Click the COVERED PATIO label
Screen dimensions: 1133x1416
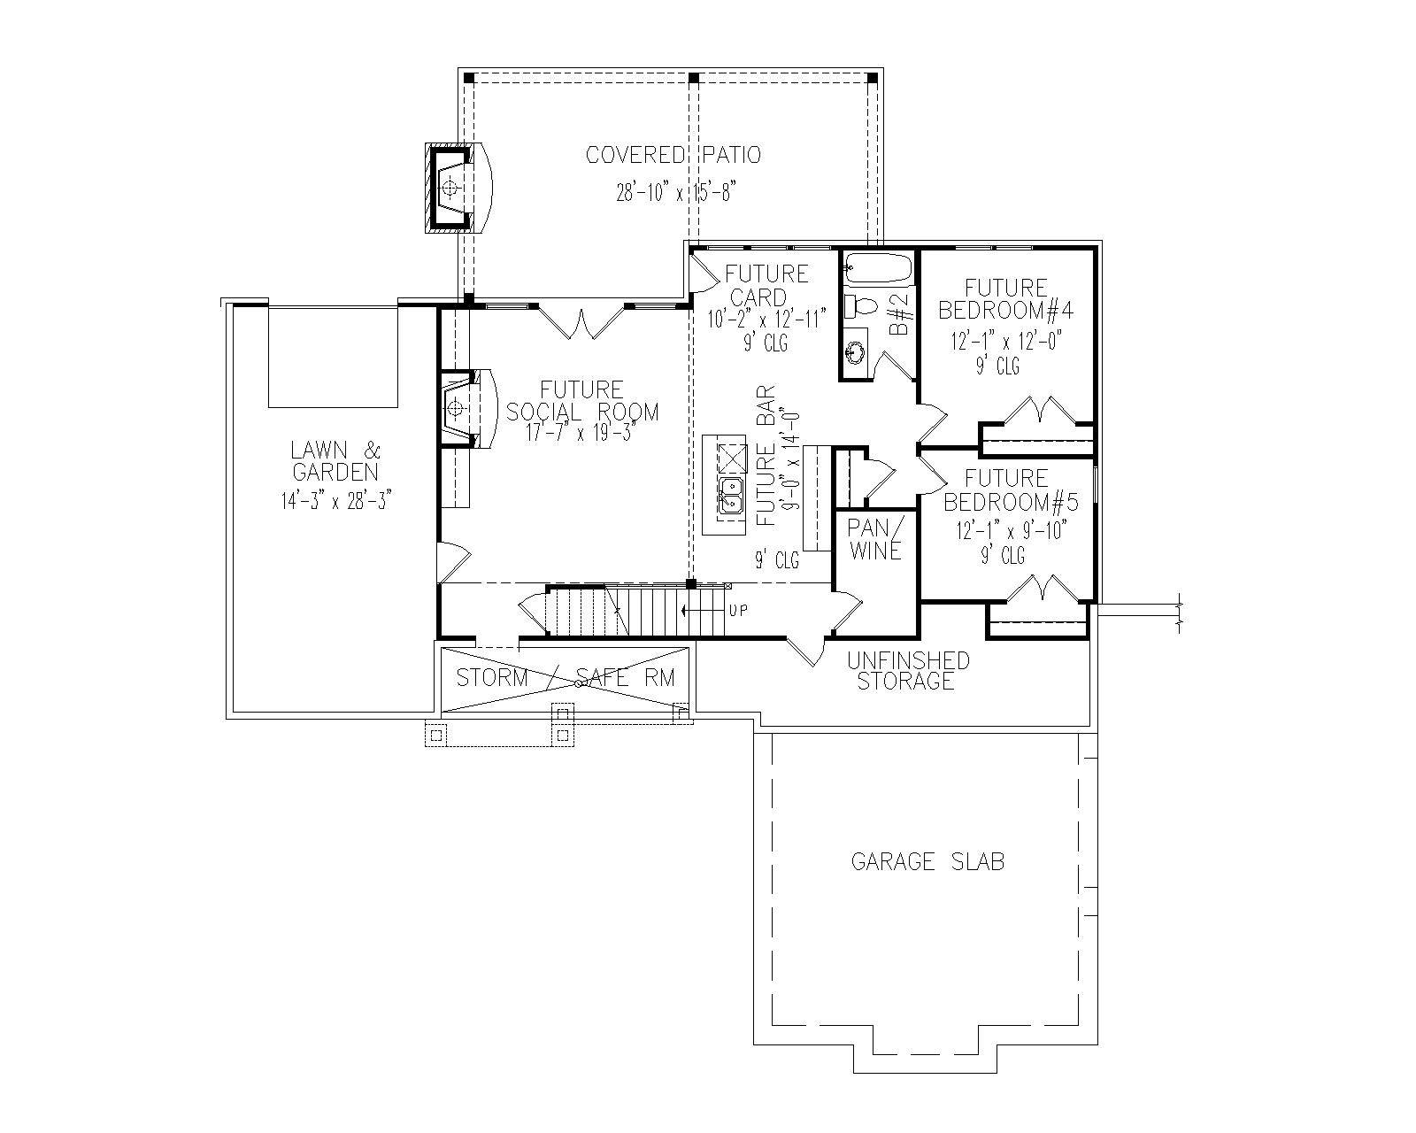pyautogui.click(x=673, y=156)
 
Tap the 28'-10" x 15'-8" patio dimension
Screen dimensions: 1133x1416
pyautogui.click(x=676, y=192)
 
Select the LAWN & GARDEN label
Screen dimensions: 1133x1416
pyautogui.click(x=335, y=460)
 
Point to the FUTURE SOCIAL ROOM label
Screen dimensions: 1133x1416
pyautogui.click(x=582, y=401)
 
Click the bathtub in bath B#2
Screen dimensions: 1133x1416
pyautogui.click(x=877, y=268)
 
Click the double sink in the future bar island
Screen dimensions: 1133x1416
pyautogui.click(x=731, y=497)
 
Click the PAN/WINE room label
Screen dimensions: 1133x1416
pyautogui.click(x=875, y=538)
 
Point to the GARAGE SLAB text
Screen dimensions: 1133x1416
pyautogui.click(x=927, y=861)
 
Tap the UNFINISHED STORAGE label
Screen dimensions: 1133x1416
pyautogui.click(x=907, y=671)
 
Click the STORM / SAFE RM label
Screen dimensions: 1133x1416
pyautogui.click(x=566, y=678)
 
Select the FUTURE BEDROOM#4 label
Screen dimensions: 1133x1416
pyautogui.click(x=1006, y=299)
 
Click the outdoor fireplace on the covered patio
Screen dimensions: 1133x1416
pyautogui.click(x=457, y=188)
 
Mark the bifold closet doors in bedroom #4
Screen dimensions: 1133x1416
pyautogui.click(x=1035, y=411)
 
